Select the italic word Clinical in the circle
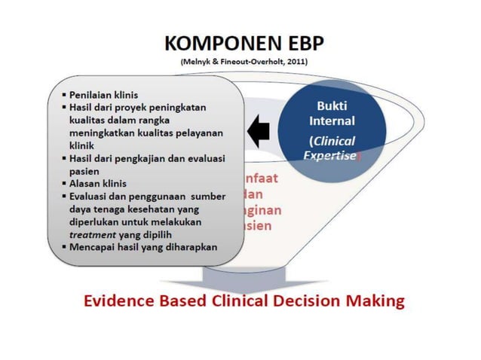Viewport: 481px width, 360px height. coord(332,141)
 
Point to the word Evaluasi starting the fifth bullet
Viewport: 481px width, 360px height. coord(93,197)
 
